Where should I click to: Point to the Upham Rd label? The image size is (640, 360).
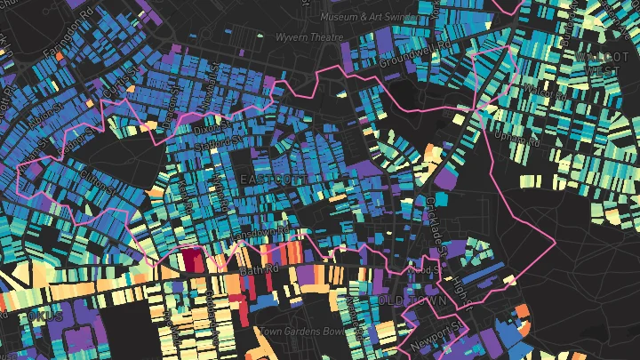click(518, 139)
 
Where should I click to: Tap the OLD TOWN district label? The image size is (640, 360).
click(408, 302)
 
